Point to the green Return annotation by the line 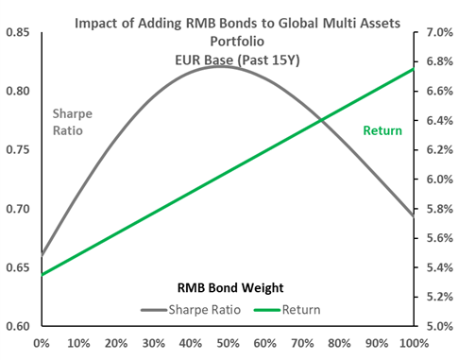(382, 129)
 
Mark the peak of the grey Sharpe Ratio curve (221, 66)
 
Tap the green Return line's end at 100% (413, 69)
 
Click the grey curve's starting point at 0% (42, 255)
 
